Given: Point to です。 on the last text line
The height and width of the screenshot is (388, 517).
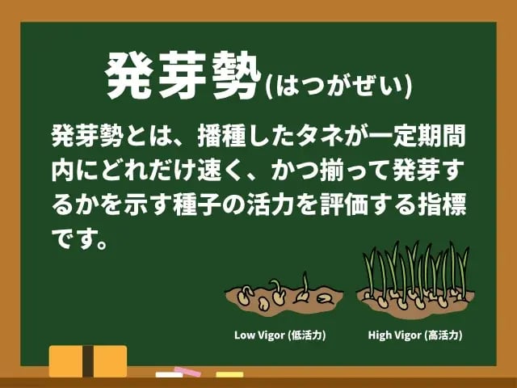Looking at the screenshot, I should [80, 239].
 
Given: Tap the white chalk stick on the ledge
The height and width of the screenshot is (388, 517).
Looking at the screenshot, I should [169, 375].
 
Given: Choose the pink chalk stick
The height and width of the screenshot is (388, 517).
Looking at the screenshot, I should [187, 372].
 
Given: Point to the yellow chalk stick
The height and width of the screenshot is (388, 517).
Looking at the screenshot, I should [229, 374].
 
